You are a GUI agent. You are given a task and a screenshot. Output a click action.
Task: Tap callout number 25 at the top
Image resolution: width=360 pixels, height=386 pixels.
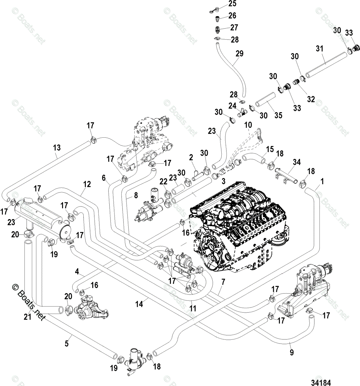(232, 4)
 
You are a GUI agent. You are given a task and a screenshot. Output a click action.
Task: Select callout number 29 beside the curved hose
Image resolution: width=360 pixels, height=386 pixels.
(239, 53)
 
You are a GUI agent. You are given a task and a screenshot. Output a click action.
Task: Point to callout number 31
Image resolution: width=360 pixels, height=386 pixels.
(319, 48)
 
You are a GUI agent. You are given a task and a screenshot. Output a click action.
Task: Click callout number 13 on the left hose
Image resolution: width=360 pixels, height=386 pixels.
(57, 148)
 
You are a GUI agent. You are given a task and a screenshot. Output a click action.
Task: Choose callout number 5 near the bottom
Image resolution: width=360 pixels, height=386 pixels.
(67, 344)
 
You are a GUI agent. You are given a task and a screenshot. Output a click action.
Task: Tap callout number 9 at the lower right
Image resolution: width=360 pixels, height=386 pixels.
(292, 352)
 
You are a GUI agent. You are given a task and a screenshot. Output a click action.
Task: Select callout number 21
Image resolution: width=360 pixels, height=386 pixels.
(27, 317)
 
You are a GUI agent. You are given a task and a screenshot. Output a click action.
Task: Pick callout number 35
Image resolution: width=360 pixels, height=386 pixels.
(278, 115)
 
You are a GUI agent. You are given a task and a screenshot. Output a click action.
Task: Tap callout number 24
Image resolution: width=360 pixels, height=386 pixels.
(232, 106)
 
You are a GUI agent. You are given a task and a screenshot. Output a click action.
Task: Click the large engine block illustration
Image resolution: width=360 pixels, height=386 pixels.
(239, 227)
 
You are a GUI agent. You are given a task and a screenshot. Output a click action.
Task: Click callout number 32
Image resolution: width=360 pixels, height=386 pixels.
(311, 99)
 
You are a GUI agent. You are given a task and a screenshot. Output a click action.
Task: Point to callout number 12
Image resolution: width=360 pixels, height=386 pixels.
(87, 184)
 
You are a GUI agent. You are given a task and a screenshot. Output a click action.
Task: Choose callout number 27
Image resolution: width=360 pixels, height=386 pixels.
(234, 27)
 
